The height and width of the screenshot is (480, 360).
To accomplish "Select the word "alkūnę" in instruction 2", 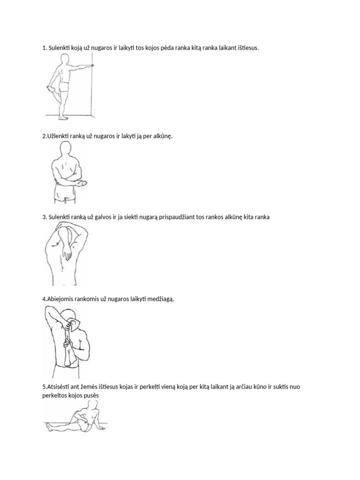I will pos(163,136).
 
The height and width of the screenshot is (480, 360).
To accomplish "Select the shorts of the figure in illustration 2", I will pos(65,196).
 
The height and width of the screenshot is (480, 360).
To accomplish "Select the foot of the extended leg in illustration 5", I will pos(49,424).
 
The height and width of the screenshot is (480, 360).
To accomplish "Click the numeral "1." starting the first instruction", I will pos(45,48).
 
